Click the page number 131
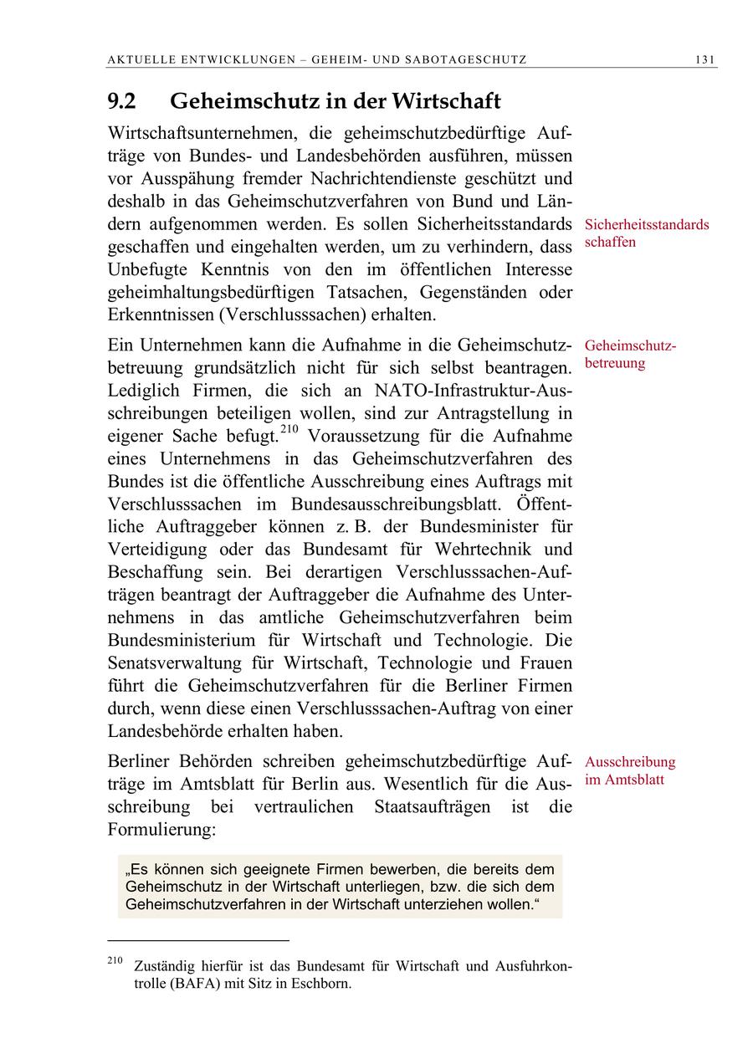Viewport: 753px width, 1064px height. coord(704,59)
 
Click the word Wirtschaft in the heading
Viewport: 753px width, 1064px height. coord(447,102)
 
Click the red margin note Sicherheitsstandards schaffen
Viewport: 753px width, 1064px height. coord(646,233)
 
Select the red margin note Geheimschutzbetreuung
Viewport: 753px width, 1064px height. coord(630,355)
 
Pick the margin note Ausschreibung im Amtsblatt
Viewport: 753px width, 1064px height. coord(629,770)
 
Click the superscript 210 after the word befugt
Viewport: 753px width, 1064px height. coord(289,430)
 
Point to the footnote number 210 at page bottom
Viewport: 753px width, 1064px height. coord(115,960)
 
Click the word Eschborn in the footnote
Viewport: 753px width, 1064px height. coord(321,984)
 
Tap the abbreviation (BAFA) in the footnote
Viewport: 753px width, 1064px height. coord(194,984)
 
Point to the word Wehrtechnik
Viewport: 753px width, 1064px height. coord(482,550)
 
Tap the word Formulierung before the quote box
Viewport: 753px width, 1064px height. coord(161,830)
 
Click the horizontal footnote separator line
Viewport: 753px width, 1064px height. coord(198,940)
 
